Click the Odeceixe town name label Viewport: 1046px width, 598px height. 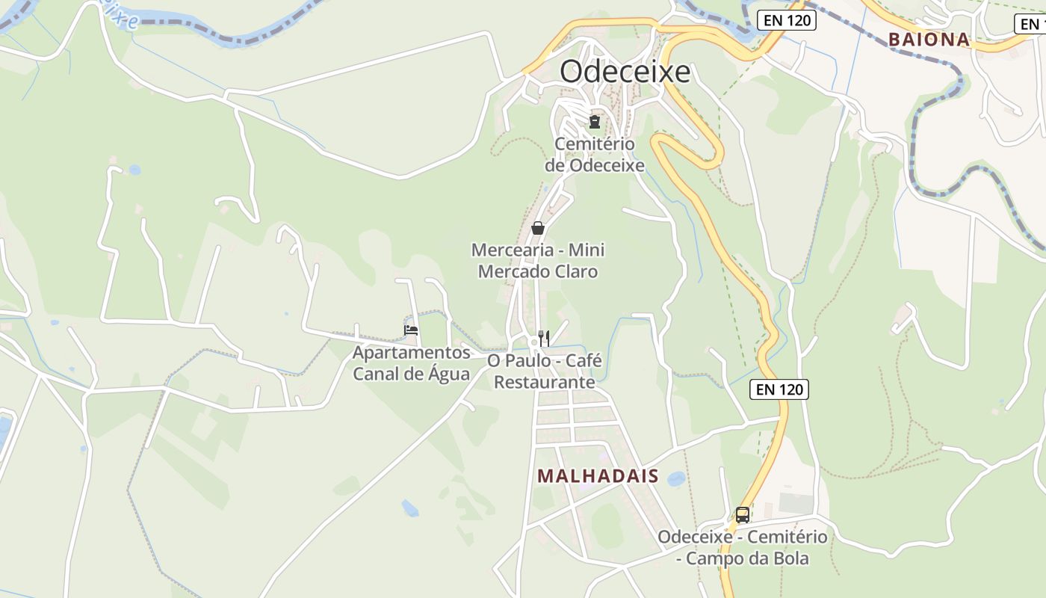[x=625, y=73]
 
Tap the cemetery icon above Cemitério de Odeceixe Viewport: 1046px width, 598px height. [x=595, y=120]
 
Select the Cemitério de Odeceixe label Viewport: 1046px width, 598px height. [x=595, y=155]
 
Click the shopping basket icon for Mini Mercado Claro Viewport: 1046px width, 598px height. [x=538, y=228]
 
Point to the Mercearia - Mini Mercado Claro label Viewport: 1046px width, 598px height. [x=538, y=260]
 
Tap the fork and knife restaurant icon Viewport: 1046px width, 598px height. [x=544, y=339]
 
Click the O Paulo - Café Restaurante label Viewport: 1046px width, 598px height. [x=545, y=372]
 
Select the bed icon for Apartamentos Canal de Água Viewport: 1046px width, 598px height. [x=411, y=330]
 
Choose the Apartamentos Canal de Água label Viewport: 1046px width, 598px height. [x=412, y=363]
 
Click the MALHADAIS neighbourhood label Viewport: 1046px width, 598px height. [x=598, y=476]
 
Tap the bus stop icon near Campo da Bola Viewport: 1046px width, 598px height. [x=742, y=514]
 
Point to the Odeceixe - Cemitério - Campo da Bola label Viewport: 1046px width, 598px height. [x=743, y=548]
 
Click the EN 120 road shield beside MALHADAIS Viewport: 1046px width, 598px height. [x=779, y=389]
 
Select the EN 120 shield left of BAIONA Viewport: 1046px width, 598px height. [x=787, y=20]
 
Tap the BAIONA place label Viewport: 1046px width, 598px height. [x=929, y=40]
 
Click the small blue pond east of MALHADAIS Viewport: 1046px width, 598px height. [x=676, y=478]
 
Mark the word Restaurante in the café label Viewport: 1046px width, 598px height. [x=545, y=383]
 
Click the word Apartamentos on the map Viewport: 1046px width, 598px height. [x=412, y=353]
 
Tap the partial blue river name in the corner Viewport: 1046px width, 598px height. [x=120, y=13]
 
